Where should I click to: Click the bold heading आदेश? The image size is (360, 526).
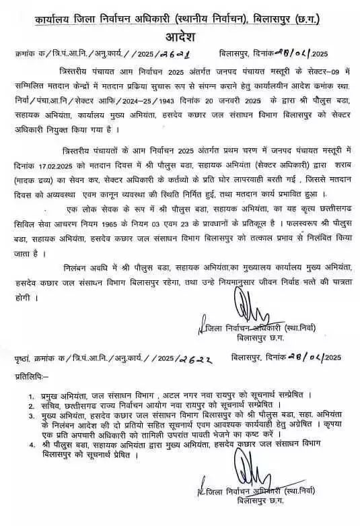[180, 35]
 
